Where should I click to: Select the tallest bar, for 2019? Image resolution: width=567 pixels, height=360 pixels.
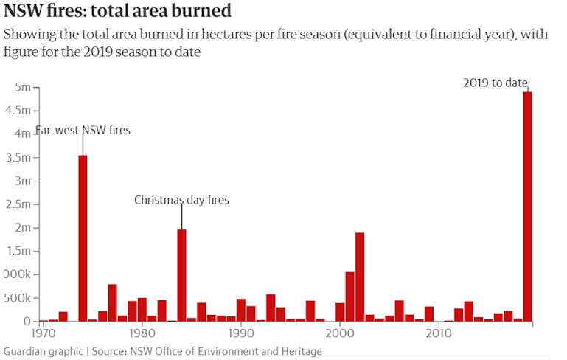click(527, 207)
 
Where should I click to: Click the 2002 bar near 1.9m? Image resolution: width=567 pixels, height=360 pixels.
click(360, 277)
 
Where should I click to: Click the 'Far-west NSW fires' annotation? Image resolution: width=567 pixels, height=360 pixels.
click(83, 131)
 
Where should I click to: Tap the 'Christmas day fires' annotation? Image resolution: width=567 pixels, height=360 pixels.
click(181, 200)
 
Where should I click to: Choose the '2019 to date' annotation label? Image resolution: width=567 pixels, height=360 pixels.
click(495, 83)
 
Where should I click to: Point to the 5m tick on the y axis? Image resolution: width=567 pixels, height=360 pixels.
click(22, 87)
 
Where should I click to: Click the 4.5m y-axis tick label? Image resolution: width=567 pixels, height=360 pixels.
click(18, 111)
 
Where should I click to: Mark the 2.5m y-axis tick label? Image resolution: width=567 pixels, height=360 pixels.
click(18, 204)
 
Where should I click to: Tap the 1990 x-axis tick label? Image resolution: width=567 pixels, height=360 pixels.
click(241, 333)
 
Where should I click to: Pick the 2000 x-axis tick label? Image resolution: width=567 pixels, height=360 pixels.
click(340, 333)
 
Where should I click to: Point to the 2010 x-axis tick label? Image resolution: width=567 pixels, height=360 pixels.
click(439, 333)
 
